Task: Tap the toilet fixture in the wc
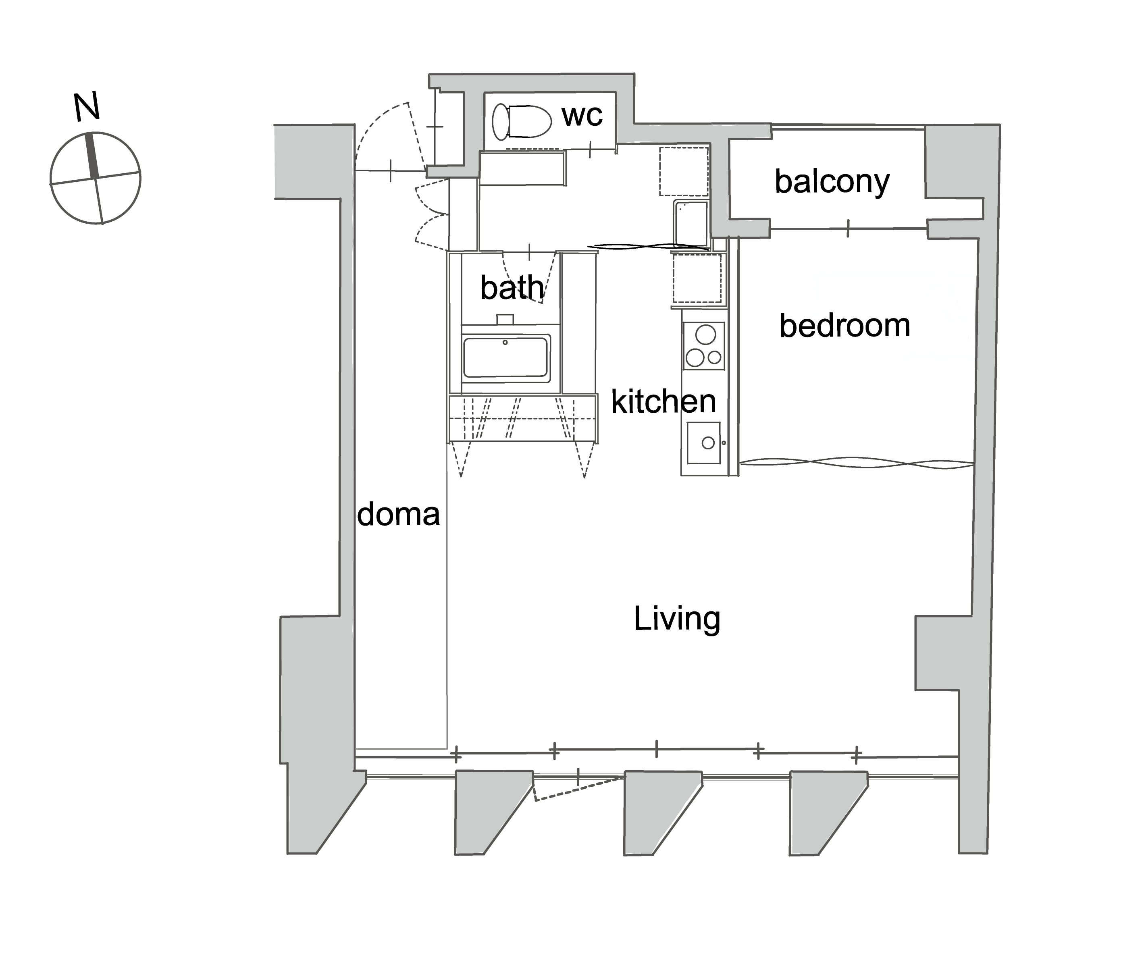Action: pos(522,121)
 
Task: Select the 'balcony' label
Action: pos(832,182)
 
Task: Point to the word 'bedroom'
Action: pos(844,326)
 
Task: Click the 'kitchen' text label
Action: pos(663,401)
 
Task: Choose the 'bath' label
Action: pos(512,287)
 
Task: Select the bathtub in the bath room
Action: pos(506,356)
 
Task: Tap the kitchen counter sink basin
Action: pos(703,443)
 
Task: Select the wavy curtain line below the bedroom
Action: pos(857,463)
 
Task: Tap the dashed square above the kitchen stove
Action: pos(697,278)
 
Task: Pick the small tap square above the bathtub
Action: pos(505,319)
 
